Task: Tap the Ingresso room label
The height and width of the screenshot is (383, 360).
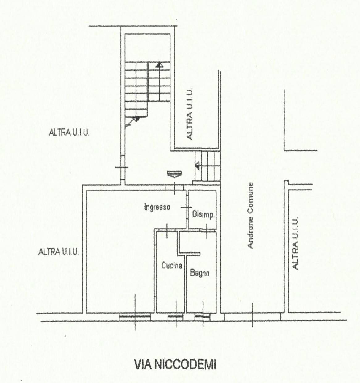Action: (x=157, y=207)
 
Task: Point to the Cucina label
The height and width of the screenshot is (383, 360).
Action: (x=172, y=266)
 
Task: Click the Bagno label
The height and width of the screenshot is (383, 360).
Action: (x=199, y=273)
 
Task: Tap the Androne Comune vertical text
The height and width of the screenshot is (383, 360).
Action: (x=250, y=215)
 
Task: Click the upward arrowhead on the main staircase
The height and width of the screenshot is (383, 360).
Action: (x=159, y=65)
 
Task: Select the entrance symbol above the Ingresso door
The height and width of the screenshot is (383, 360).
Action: (x=174, y=174)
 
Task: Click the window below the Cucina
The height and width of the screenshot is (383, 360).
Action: (x=176, y=317)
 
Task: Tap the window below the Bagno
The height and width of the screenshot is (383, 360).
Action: (x=202, y=317)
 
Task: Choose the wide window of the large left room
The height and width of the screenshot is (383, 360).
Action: (x=135, y=317)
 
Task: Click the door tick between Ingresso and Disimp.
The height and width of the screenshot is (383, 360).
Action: (x=186, y=207)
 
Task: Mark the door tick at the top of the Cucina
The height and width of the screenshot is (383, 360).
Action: (x=167, y=231)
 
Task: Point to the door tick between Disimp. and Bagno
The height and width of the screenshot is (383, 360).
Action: (x=207, y=231)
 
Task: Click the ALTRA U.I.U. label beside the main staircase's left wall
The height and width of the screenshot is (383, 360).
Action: (x=69, y=133)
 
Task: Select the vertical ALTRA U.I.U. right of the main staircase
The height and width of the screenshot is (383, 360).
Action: (x=190, y=114)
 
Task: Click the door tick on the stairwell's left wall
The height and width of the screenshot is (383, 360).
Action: (x=122, y=167)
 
